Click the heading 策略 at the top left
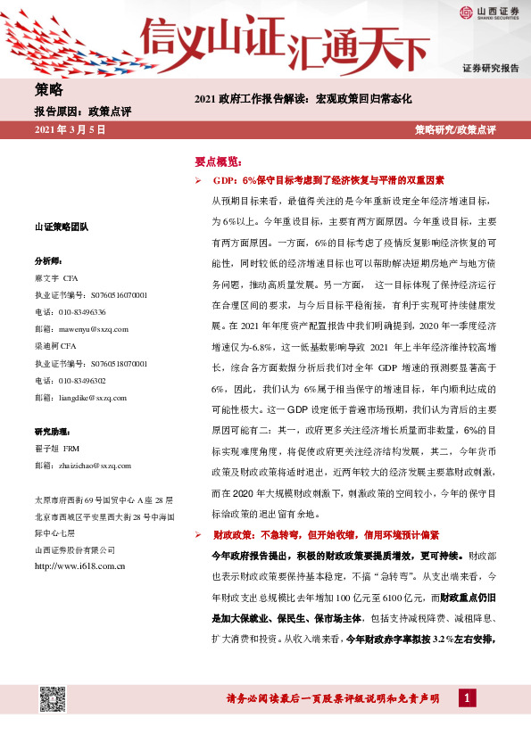click(x=48, y=89)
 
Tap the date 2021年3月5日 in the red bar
click(x=70, y=130)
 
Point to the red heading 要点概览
click(x=218, y=161)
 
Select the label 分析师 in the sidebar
click(x=48, y=261)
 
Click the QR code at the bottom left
click(x=53, y=700)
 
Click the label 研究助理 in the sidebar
click(x=51, y=432)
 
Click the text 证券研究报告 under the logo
click(x=490, y=69)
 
